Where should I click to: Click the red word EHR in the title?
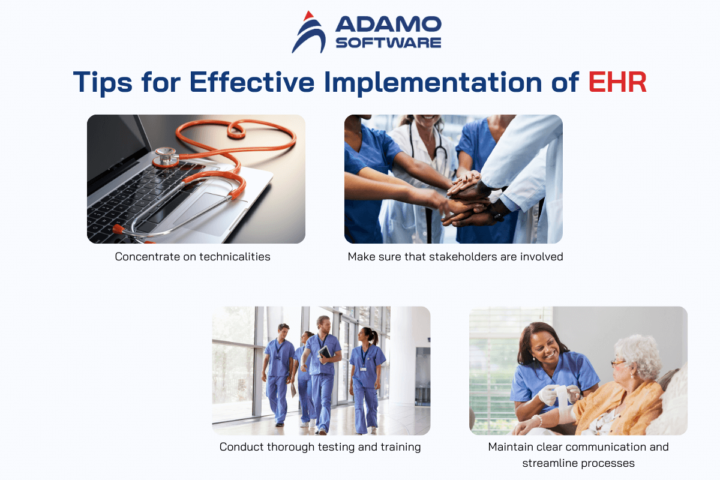point(617,82)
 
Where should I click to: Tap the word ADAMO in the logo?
point(388,25)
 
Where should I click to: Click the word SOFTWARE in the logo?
point(388,43)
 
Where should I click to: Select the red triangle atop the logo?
point(308,16)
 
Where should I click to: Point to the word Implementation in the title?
point(433,83)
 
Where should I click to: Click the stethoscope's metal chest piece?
point(166,157)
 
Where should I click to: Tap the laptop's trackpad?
point(209,214)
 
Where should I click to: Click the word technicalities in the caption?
point(235,257)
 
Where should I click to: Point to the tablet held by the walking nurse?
point(325,352)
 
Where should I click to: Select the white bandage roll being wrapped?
point(562,397)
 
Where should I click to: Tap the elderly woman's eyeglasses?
point(619,363)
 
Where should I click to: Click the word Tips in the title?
point(103,83)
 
